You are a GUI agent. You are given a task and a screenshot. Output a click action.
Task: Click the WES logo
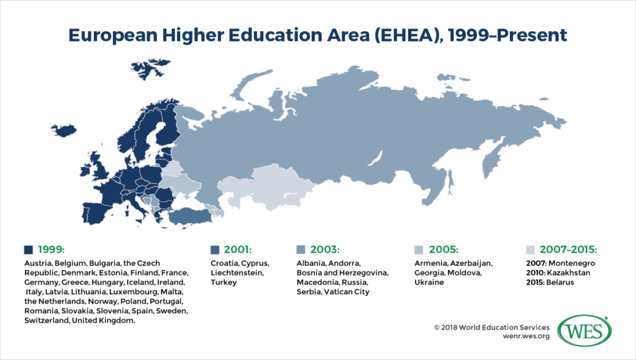[583, 332]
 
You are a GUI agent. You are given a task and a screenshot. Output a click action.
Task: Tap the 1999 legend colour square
[28, 250]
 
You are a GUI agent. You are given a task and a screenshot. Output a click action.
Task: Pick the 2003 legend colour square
[301, 250]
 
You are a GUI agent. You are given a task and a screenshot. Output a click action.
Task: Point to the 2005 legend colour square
[418, 250]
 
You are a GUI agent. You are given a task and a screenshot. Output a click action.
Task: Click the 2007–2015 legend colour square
[530, 250]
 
